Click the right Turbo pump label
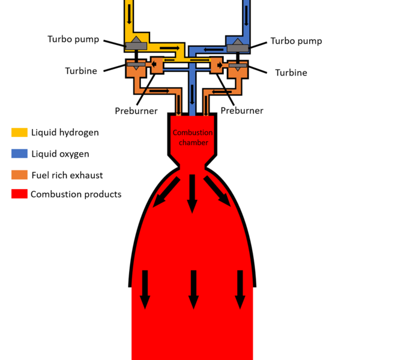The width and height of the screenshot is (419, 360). pos(296,41)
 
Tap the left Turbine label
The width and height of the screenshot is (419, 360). pos(81,71)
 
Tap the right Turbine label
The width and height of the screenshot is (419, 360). pos(291,73)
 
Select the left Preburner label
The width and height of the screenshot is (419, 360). pos(136,110)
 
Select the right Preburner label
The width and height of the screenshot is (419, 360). pos(242,110)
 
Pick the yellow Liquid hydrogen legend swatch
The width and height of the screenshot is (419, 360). pos(19,132)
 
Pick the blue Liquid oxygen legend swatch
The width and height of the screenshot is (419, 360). pos(19,154)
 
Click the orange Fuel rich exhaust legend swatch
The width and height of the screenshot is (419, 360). pos(19,175)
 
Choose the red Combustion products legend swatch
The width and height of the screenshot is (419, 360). pos(19,194)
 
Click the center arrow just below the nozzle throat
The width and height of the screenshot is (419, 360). pos(191,193)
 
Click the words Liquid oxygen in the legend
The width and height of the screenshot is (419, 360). pos(60,154)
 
